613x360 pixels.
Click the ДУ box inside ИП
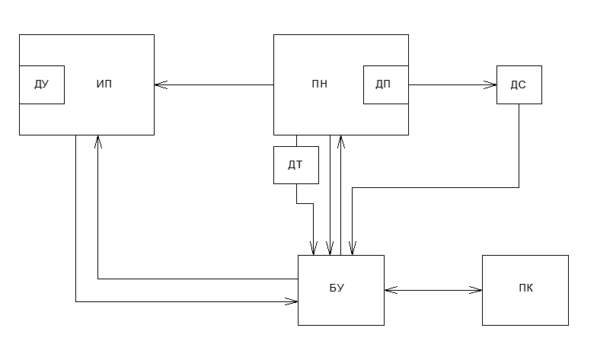pyautogui.click(x=41, y=84)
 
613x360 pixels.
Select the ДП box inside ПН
pyautogui.click(x=385, y=84)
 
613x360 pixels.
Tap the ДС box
pyautogui.click(x=519, y=84)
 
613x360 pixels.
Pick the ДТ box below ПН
pyautogui.click(x=296, y=164)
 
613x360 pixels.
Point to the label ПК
pyautogui.click(x=525, y=288)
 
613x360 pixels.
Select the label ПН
pyautogui.click(x=320, y=84)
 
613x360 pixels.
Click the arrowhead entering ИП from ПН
pyautogui.click(x=159, y=84)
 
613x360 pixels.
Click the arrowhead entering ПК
pyautogui.click(x=477, y=289)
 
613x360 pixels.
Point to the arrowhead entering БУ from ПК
pyautogui.click(x=390, y=289)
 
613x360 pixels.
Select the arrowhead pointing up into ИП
pyautogui.click(x=98, y=141)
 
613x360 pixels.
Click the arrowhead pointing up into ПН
pyautogui.click(x=341, y=141)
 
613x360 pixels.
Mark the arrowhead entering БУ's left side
pyautogui.click(x=292, y=302)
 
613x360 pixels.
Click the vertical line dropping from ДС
pyautogui.click(x=519, y=145)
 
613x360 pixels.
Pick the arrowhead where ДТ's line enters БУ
pyautogui.click(x=313, y=250)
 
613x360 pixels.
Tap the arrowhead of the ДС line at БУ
pyautogui.click(x=352, y=250)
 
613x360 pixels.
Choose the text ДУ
pyautogui.click(x=41, y=84)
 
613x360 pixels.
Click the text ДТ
pyautogui.click(x=296, y=164)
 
